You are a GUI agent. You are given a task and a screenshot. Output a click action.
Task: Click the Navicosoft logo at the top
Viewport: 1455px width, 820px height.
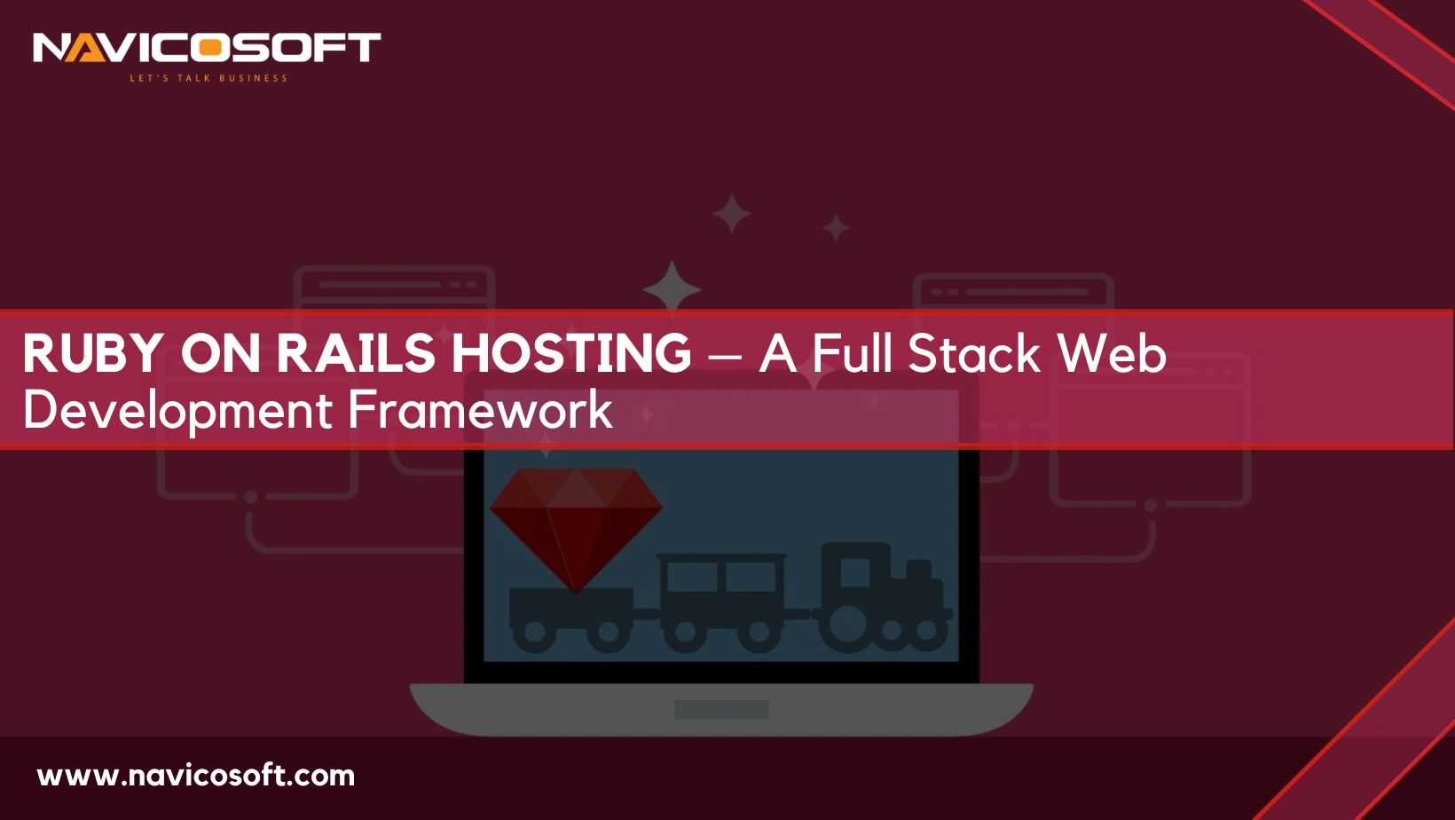pyautogui.click(x=207, y=48)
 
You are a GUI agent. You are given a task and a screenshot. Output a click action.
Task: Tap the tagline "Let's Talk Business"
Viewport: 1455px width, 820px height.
pyautogui.click(x=208, y=78)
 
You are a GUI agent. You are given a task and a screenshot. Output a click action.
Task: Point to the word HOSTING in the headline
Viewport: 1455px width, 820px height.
pyautogui.click(x=571, y=353)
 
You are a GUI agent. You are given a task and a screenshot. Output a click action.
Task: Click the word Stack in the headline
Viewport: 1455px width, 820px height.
pyautogui.click(x=973, y=353)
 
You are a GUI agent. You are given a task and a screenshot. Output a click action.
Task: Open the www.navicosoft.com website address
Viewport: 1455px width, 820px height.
pyautogui.click(x=195, y=776)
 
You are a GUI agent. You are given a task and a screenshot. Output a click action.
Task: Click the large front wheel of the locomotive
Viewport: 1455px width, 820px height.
pyautogui.click(x=846, y=627)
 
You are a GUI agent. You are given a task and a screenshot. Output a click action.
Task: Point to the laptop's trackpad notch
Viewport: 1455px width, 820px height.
pyautogui.click(x=721, y=710)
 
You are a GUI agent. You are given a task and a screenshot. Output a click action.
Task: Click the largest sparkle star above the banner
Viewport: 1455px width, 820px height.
pyautogui.click(x=672, y=288)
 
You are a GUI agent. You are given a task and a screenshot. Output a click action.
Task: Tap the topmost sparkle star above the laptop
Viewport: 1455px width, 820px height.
pyautogui.click(x=732, y=213)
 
